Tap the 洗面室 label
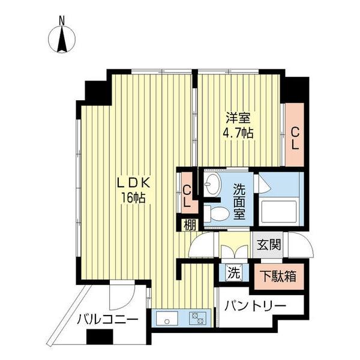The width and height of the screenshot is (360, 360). tap(239, 200)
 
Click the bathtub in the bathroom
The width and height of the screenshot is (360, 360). tap(280, 212)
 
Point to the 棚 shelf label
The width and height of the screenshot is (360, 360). tap(188, 226)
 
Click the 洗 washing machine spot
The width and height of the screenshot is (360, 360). tap(233, 272)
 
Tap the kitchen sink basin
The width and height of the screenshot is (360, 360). tap(166, 317)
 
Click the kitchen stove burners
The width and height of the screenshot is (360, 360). tap(197, 317)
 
